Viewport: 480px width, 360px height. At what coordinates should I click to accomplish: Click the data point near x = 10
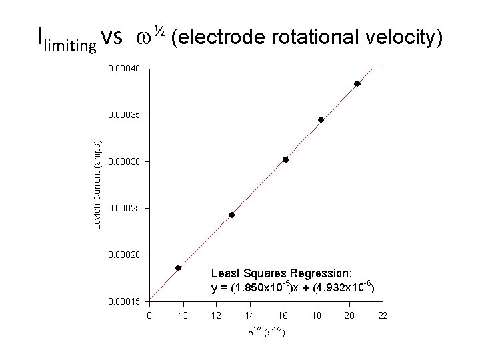[x=178, y=268]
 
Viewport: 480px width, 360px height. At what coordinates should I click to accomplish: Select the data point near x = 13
[x=231, y=215]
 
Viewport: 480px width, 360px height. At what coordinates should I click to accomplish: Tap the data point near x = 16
[x=285, y=159]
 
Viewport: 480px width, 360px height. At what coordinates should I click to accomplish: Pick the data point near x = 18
[x=321, y=120]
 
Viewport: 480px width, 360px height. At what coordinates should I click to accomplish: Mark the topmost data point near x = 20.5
[x=357, y=83]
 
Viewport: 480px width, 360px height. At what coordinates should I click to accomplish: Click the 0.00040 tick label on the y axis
[x=125, y=68]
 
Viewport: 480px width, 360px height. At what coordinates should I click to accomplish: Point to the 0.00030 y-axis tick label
[x=125, y=161]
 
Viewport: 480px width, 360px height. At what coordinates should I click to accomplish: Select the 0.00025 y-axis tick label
[x=125, y=208]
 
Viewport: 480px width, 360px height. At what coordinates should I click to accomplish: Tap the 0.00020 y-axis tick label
[x=125, y=255]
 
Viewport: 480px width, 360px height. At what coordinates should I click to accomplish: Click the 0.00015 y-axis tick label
[x=125, y=301]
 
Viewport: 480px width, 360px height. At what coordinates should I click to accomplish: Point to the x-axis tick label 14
[x=249, y=315]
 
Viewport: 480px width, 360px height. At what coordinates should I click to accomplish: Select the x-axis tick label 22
[x=383, y=315]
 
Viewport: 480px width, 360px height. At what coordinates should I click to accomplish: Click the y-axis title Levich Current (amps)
[x=97, y=185]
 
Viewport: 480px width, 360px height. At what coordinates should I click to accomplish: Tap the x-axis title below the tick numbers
[x=266, y=331]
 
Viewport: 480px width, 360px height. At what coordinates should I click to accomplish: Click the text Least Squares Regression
[x=281, y=273]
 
